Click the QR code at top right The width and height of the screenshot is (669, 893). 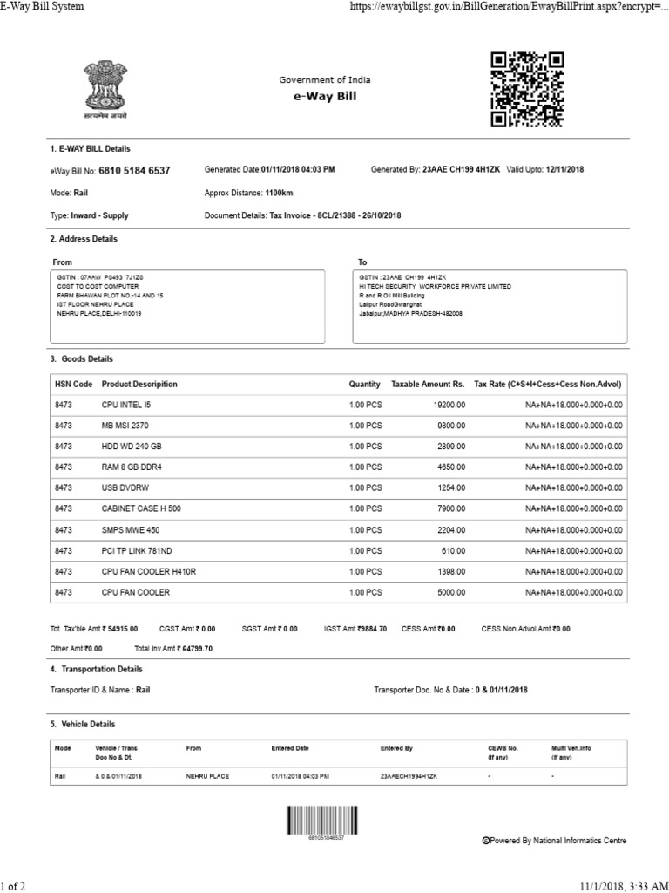(x=527, y=90)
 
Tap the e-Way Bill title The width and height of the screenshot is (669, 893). (x=325, y=97)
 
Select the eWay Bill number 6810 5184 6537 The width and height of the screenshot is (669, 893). (x=135, y=170)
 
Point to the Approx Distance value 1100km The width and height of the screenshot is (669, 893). (x=279, y=193)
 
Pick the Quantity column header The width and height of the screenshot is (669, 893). (x=365, y=384)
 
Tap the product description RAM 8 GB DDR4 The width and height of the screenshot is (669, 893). (x=132, y=467)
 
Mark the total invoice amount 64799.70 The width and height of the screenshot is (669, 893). (x=195, y=649)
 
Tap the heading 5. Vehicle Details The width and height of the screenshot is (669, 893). (x=83, y=724)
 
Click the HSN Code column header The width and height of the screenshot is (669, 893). (x=73, y=384)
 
